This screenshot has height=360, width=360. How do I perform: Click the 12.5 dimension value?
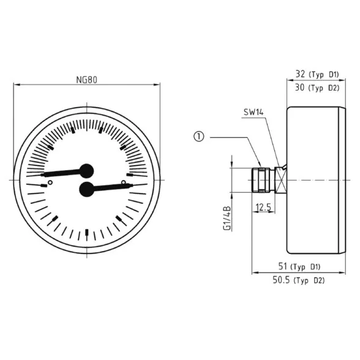tap(264, 208)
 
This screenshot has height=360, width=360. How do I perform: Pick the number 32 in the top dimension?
tap(300, 74)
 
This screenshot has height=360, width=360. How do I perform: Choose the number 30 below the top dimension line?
tap(300, 88)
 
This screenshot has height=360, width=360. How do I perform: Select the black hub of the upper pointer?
tap(86, 171)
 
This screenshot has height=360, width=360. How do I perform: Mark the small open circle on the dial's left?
tap(50, 182)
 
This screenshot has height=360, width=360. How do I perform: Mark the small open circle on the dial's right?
tap(123, 182)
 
